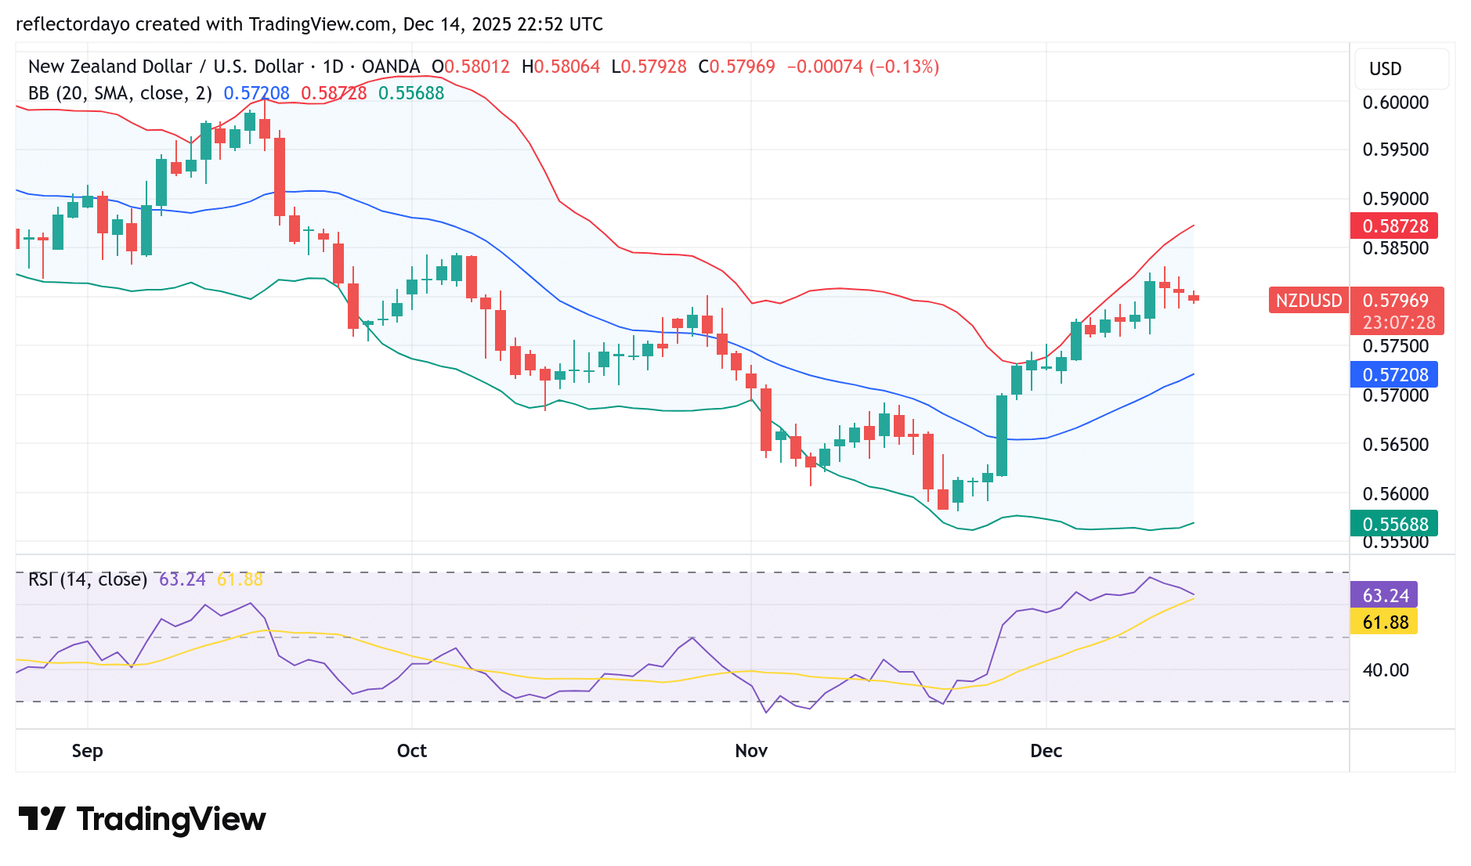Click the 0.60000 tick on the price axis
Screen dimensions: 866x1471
[x=1396, y=103]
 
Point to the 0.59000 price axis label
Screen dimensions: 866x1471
[x=1396, y=199]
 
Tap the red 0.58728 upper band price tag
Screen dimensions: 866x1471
[x=1394, y=226]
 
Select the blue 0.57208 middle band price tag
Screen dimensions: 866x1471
[x=1394, y=375]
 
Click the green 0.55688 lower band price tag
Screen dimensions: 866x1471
[x=1394, y=524]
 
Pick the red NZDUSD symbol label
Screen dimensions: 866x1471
[x=1308, y=301]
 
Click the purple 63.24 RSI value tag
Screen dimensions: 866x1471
[x=1384, y=596]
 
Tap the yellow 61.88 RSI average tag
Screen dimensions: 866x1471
[x=1384, y=622]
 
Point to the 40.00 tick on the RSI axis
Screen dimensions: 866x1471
[x=1385, y=670]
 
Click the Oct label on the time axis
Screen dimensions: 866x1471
[x=412, y=751]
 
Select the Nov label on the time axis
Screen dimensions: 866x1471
[x=751, y=751]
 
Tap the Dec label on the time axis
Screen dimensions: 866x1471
[x=1046, y=751]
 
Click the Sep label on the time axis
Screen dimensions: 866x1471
[x=87, y=751]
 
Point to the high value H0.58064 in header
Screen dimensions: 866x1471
[x=561, y=67]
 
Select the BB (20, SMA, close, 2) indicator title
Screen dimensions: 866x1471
[x=120, y=93]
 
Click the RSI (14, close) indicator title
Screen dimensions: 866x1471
[x=88, y=579]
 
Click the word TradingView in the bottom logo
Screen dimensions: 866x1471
[x=171, y=820]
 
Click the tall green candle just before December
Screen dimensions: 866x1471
[x=1002, y=435]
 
